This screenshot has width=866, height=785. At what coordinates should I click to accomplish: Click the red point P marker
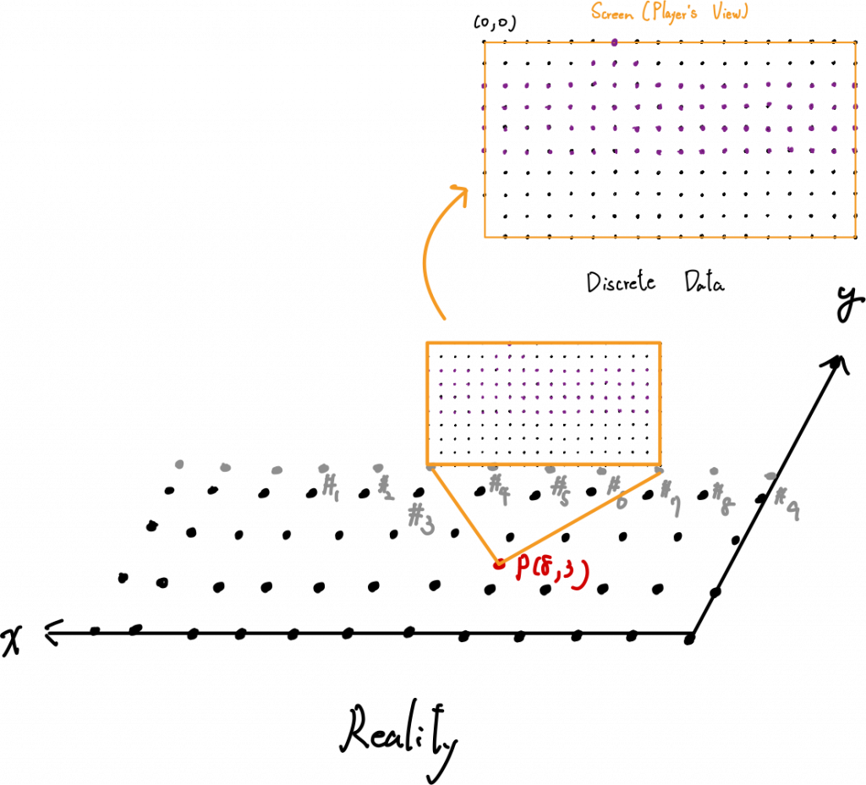point(498,563)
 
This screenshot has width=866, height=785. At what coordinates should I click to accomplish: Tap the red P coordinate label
point(551,572)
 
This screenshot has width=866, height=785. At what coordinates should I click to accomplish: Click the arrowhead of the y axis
point(838,363)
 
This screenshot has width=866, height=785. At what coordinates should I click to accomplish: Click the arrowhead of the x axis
point(52,631)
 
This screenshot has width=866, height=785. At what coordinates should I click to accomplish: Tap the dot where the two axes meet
point(690,636)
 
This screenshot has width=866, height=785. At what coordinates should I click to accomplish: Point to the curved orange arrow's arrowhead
point(459,192)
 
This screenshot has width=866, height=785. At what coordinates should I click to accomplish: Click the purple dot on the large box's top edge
point(615,41)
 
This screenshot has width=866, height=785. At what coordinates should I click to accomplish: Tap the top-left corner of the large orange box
point(485,43)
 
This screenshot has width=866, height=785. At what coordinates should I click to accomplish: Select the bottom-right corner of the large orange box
point(856,238)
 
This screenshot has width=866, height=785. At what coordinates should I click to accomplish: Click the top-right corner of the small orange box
point(660,342)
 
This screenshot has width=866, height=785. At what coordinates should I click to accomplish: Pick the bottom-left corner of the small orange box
point(427,464)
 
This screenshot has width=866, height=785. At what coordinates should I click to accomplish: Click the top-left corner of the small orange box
point(427,342)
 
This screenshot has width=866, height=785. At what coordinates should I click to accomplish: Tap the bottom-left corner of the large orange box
point(485,238)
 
